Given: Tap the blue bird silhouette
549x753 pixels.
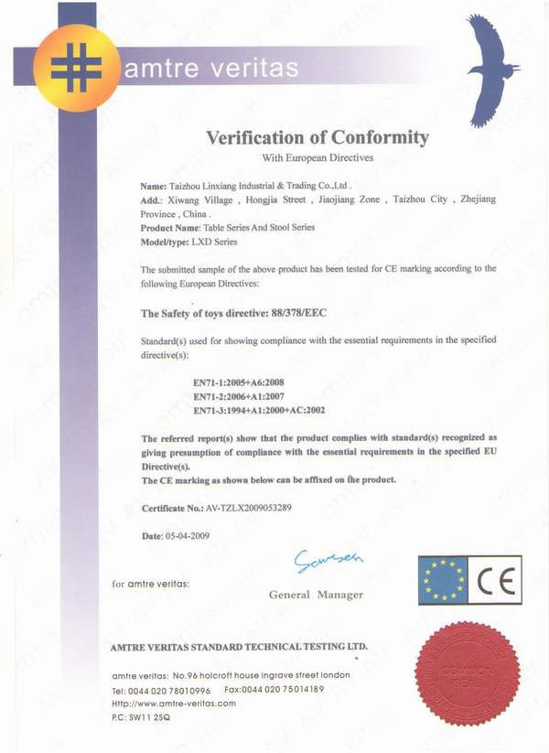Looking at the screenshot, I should point(492,69).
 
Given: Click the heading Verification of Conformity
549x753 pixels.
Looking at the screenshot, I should point(317,138).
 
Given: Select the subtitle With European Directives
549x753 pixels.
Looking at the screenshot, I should point(317,158).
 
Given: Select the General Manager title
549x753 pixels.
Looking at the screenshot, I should point(316,595).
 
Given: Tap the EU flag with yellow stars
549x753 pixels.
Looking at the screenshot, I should point(443,580).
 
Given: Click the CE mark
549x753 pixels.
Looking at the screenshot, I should point(494,580).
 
